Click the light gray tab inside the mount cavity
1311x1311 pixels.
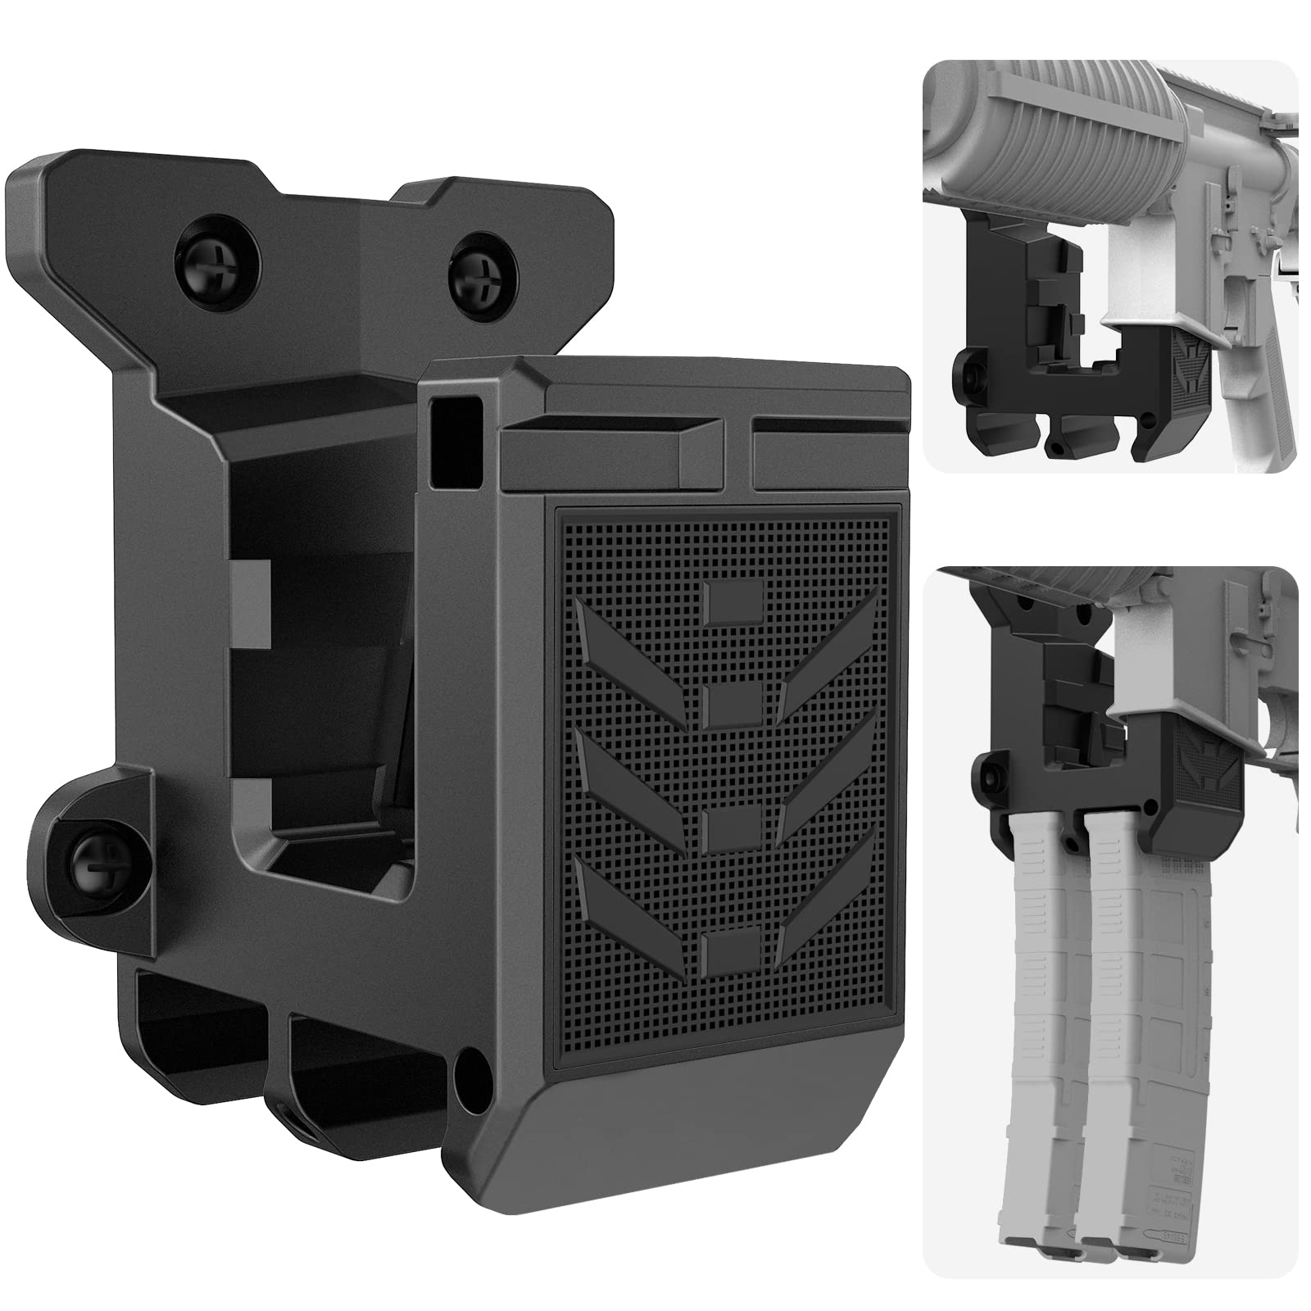[x=250, y=602]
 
